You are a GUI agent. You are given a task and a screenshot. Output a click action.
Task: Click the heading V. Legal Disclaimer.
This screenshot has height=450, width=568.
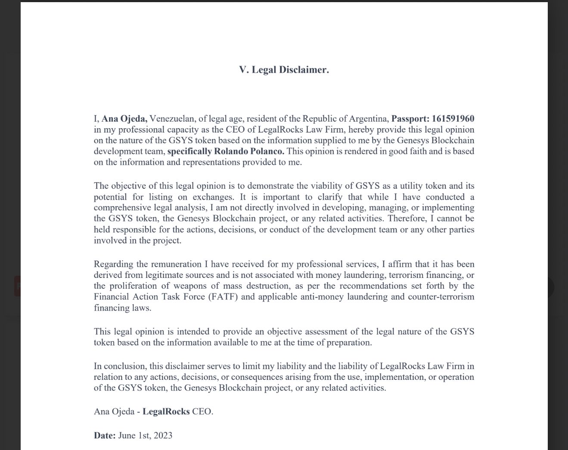(x=284, y=70)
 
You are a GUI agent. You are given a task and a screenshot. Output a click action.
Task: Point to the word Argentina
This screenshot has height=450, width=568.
(x=370, y=119)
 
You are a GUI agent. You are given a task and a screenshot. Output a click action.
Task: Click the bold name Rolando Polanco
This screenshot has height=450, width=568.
(x=248, y=151)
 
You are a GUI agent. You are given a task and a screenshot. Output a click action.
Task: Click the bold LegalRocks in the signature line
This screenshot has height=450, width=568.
(x=166, y=412)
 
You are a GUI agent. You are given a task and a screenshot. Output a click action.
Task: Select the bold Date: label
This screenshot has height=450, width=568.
(x=105, y=435)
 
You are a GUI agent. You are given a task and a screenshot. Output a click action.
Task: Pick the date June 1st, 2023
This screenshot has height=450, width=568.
(x=145, y=435)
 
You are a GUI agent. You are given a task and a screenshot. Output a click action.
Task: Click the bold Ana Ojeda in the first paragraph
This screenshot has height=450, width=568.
(x=124, y=119)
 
